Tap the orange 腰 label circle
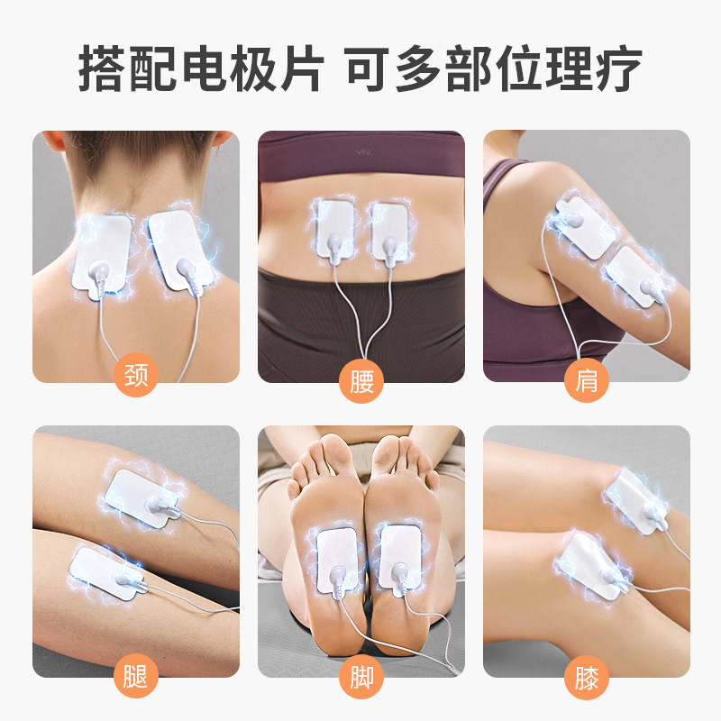[x=361, y=382]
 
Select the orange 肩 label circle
[x=587, y=382]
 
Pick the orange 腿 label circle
[x=136, y=676]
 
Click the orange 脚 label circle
[x=361, y=676]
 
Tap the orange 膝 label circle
[x=587, y=676]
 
